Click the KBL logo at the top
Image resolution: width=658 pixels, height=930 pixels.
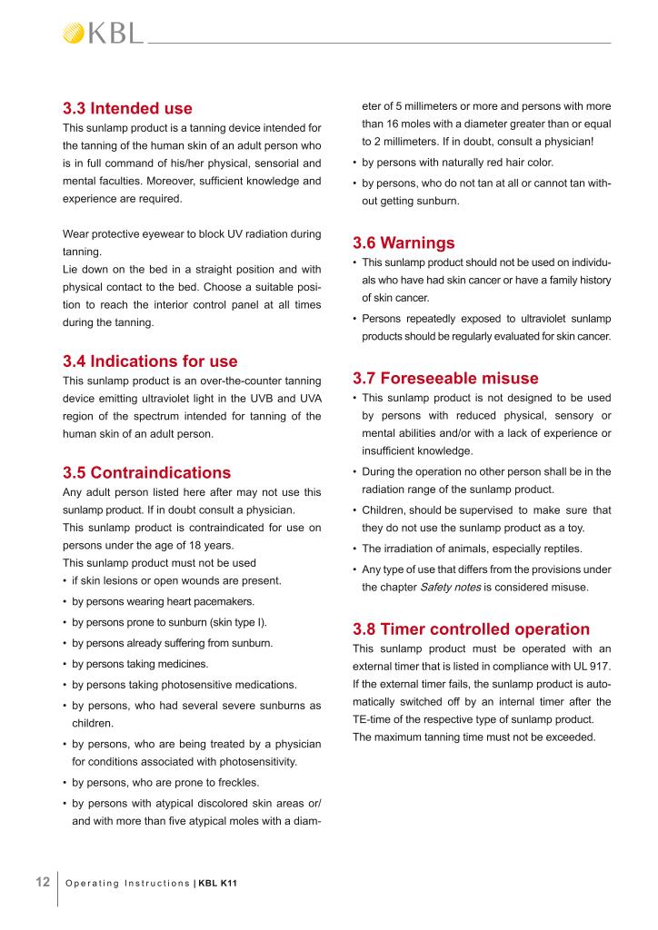click(102, 34)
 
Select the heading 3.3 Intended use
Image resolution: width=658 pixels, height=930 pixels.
click(127, 109)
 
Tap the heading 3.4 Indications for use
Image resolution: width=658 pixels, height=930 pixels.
click(150, 361)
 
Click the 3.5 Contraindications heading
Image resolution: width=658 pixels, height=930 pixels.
click(146, 472)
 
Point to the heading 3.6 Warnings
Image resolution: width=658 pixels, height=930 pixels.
click(404, 243)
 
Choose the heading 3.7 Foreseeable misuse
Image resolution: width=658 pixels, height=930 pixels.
click(445, 378)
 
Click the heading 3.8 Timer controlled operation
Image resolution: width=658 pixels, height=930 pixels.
click(471, 628)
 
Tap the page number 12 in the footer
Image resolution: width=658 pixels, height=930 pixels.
click(42, 882)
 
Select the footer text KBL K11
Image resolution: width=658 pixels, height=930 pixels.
click(218, 883)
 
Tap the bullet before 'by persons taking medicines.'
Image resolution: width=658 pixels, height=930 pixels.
click(65, 664)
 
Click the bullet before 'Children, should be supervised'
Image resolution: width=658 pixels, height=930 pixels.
click(354, 510)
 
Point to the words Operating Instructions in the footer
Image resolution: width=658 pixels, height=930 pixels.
click(128, 883)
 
